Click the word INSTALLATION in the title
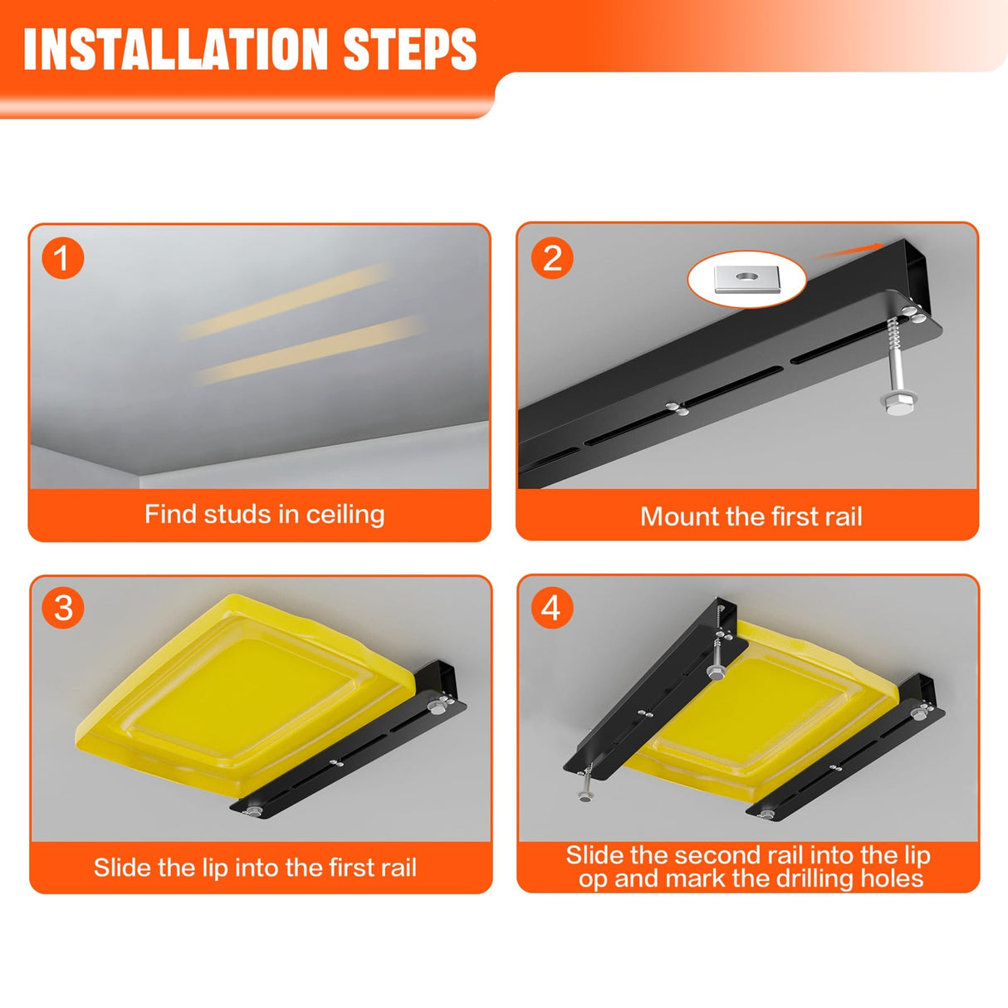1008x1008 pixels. (176, 49)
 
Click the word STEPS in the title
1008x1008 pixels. (410, 49)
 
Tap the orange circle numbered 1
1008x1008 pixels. (63, 258)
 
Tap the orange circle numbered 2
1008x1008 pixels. (552, 258)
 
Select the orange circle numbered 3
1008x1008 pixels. (63, 608)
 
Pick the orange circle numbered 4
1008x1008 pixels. (552, 608)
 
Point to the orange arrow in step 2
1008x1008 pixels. (848, 251)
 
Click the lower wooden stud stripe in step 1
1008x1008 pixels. (309, 350)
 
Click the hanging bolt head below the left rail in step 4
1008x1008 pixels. (585, 796)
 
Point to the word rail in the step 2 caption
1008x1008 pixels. (844, 516)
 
